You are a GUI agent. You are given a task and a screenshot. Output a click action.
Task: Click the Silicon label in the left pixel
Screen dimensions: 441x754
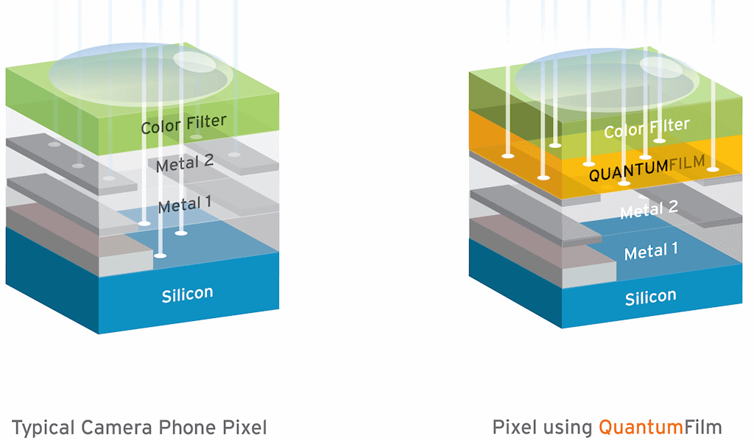187,294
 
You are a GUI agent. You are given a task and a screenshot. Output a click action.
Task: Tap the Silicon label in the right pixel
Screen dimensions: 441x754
650,297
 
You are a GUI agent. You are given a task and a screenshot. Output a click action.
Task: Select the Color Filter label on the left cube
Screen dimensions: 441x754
183,124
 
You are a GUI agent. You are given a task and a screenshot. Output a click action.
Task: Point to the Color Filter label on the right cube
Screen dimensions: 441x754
646,128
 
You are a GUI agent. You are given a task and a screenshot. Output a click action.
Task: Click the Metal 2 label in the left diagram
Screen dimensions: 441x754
184,164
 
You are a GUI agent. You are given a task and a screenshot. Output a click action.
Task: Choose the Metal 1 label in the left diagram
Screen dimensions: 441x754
184,205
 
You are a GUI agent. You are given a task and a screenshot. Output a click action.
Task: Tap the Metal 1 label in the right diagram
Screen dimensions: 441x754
651,252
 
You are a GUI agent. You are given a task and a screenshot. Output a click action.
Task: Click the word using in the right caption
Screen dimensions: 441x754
568,427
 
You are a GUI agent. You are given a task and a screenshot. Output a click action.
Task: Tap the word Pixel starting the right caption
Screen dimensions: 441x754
515,427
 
